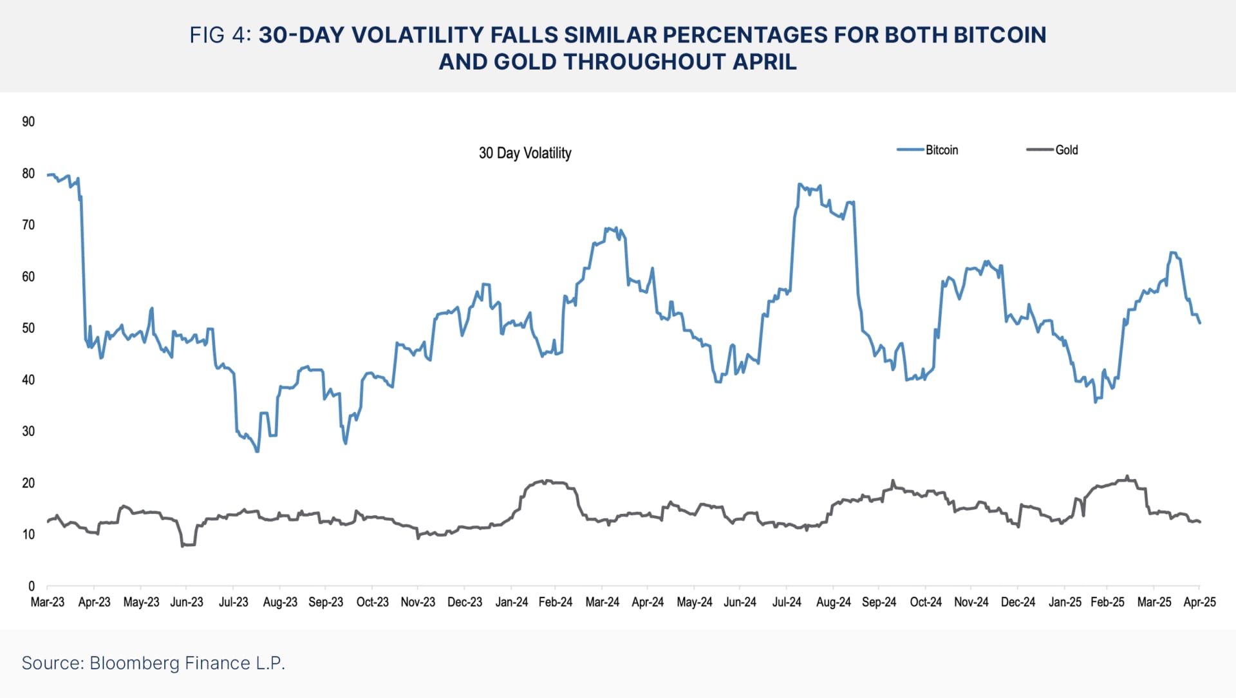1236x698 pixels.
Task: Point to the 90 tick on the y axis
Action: pyautogui.click(x=28, y=122)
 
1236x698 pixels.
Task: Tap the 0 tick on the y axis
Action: pyautogui.click(x=31, y=586)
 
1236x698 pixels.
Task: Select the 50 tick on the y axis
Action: pyautogui.click(x=28, y=328)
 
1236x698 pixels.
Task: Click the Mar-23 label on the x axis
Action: pyautogui.click(x=48, y=602)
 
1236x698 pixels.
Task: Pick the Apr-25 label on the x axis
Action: pyautogui.click(x=1199, y=602)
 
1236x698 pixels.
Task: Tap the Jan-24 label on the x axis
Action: pyautogui.click(x=511, y=602)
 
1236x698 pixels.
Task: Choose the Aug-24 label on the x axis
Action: pyautogui.click(x=833, y=602)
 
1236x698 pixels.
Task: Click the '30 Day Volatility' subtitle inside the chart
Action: pyautogui.click(x=525, y=153)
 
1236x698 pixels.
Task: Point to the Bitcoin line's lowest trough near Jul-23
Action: pyautogui.click(x=257, y=451)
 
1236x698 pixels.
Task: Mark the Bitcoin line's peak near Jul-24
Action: pyautogui.click(x=800, y=184)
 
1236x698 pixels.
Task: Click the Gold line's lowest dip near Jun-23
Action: pyautogui.click(x=183, y=545)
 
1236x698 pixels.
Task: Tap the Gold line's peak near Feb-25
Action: pyautogui.click(x=1127, y=476)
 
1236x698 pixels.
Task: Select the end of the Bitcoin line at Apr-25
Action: pyautogui.click(x=1200, y=323)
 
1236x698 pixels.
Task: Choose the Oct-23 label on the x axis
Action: pyautogui.click(x=372, y=602)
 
